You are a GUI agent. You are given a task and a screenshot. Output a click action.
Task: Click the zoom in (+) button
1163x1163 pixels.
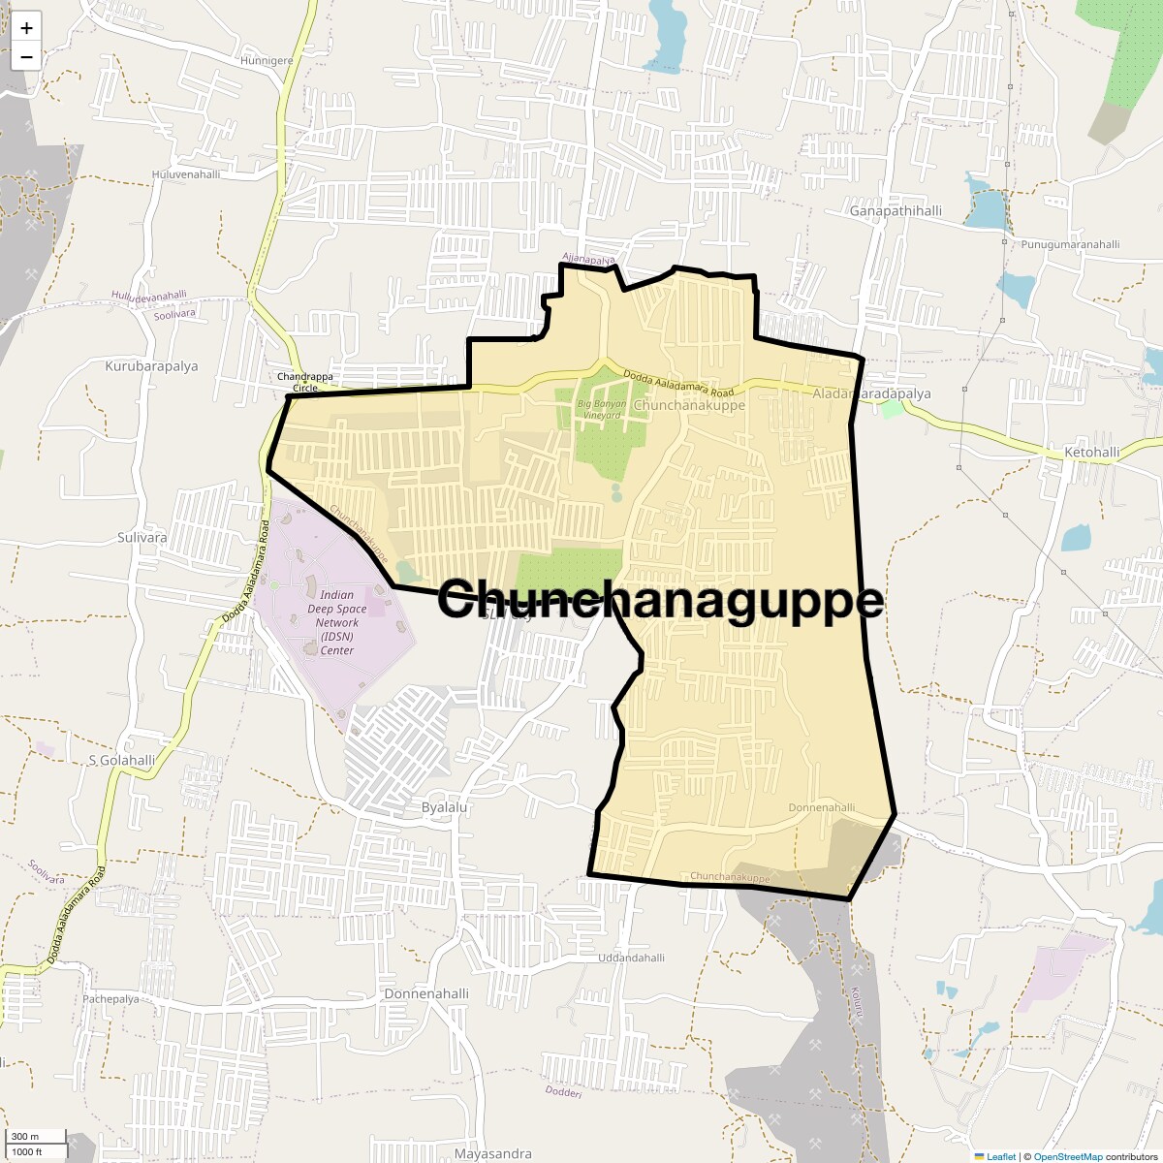(x=26, y=28)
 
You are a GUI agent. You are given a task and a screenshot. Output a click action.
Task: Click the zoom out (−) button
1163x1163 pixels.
(x=26, y=56)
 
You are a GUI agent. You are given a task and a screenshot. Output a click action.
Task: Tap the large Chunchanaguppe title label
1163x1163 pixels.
(x=660, y=599)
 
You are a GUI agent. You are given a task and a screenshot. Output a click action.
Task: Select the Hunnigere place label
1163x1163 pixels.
(x=267, y=60)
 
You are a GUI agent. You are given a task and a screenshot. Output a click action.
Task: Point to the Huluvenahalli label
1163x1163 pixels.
(x=186, y=174)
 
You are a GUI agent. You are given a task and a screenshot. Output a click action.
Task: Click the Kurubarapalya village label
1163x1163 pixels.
(x=151, y=366)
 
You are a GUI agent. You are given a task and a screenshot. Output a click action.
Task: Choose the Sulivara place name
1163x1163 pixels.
(x=141, y=537)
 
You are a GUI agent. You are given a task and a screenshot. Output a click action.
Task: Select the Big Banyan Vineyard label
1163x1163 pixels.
(x=600, y=409)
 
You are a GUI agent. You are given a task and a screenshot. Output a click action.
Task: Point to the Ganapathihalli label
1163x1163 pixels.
(x=896, y=210)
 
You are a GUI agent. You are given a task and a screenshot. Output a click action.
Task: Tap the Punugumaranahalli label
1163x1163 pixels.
(x=1070, y=244)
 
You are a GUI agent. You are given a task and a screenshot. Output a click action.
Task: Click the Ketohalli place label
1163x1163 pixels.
(x=1092, y=453)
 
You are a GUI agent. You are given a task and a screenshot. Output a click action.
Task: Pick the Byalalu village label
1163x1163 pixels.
(x=445, y=807)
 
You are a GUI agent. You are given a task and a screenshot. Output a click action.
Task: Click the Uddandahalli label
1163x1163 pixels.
(x=632, y=958)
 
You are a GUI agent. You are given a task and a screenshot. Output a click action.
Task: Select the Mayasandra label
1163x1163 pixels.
(x=493, y=1153)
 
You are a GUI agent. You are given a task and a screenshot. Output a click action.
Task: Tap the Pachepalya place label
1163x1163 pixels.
(x=110, y=999)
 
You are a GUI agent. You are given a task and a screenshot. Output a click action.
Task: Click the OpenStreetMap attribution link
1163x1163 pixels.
(x=1067, y=1156)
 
